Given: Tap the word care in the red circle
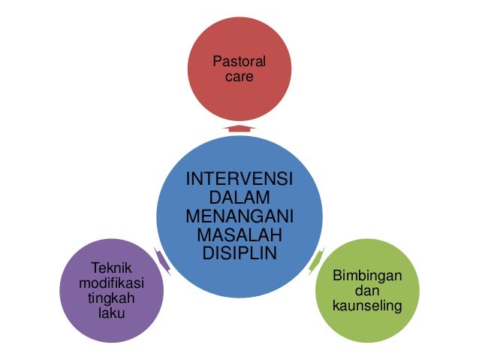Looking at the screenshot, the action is coord(239,77).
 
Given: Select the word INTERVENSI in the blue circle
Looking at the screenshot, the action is coord(239,180).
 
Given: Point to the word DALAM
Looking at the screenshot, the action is coord(239,198).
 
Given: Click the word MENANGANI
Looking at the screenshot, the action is coord(239,216).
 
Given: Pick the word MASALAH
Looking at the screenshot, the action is coord(239,234).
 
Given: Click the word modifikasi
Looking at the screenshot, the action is coord(110,283).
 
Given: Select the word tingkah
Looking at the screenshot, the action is coord(110,298).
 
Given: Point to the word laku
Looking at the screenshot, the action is coord(110,313).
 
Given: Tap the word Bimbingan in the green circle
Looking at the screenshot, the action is coord(367,277).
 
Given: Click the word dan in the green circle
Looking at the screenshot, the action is coord(367,292).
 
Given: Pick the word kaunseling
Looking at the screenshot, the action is coord(367,307).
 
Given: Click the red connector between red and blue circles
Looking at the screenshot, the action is coord(239,129).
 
